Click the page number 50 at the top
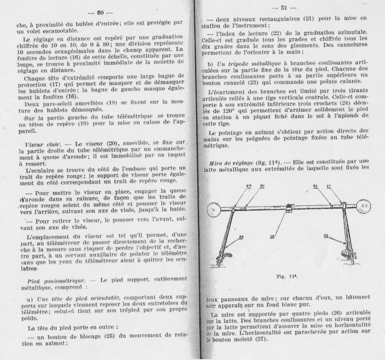click(x=100, y=12)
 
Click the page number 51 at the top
click(x=287, y=8)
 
